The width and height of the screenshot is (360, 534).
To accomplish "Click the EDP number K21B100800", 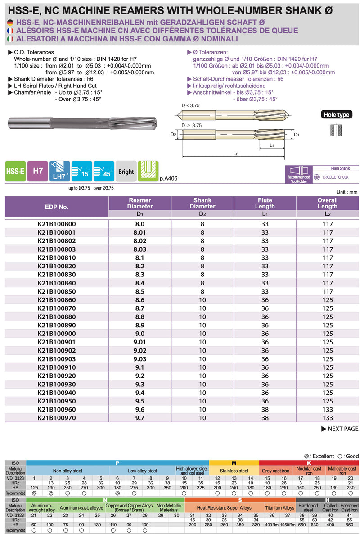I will click(x=57, y=224).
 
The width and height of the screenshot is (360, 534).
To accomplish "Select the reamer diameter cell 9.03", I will click(x=139, y=359).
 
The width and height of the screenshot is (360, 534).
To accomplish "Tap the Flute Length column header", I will click(x=265, y=203).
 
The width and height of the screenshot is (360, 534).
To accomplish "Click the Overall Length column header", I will click(x=327, y=203).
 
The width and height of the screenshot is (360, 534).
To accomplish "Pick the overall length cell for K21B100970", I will click(x=328, y=418).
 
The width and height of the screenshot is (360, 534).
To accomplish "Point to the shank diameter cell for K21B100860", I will click(x=202, y=300).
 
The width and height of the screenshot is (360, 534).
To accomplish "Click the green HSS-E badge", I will click(x=15, y=172).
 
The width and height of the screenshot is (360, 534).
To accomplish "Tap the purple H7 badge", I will click(x=38, y=172).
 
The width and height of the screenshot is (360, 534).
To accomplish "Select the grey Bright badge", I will click(x=126, y=172).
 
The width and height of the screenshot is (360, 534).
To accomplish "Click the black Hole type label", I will click(x=337, y=115).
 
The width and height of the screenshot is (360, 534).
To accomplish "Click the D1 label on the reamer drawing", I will click(x=296, y=134).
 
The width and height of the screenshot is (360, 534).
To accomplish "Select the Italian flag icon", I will click(x=10, y=39).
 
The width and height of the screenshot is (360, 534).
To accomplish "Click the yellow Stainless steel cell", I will click(x=234, y=471).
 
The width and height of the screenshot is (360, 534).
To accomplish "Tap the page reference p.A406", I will click(x=169, y=179).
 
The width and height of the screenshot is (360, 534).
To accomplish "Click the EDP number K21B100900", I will click(x=57, y=334).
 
